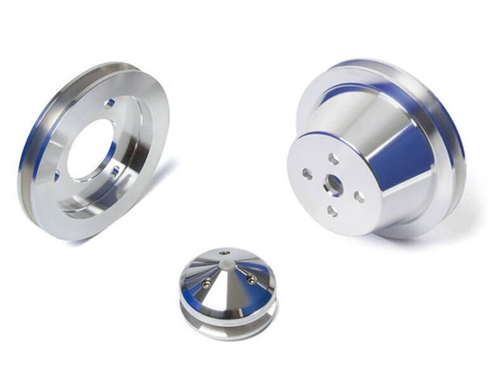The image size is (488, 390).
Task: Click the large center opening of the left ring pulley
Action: point(91,150)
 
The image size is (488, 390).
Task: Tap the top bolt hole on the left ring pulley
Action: point(110,103)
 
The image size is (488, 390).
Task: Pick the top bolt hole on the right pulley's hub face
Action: point(333,157)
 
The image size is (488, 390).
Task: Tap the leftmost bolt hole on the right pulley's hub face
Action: point(307,174)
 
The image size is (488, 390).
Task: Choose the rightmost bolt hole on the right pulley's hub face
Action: point(359,197)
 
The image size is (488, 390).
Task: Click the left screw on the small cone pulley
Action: point(206,284)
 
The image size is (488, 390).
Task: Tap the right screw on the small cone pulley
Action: point(251,280)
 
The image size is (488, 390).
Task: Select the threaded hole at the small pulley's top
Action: point(226,253)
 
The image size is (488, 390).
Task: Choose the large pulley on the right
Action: point(376,149)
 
